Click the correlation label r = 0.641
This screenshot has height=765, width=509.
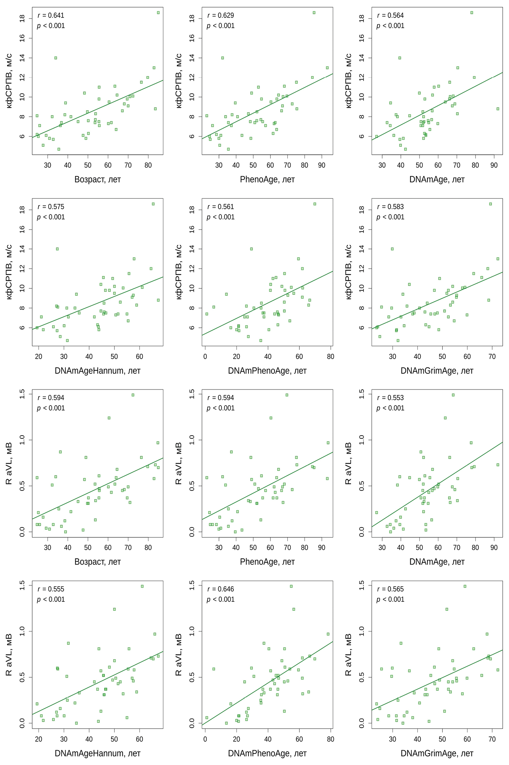pyautogui.click(x=51, y=15)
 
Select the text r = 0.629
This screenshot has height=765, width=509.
pyautogui.click(x=221, y=15)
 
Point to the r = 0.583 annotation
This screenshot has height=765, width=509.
pyautogui.click(x=391, y=207)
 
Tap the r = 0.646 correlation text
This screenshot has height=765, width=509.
pyautogui.click(x=221, y=589)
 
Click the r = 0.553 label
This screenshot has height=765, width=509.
pyautogui.click(x=391, y=398)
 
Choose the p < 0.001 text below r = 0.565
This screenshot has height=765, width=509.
pyautogui.click(x=391, y=599)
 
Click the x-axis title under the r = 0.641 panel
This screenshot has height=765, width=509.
pyautogui.click(x=98, y=179)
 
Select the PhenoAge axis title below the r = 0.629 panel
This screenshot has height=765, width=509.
pyautogui.click(x=267, y=179)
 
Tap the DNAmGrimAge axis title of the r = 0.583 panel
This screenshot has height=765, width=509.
pyautogui.click(x=437, y=371)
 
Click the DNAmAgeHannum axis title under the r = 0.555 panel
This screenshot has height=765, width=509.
pyautogui.click(x=98, y=753)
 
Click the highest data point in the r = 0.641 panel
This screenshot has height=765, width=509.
pyautogui.click(x=158, y=13)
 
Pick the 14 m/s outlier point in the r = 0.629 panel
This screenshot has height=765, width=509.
pyautogui.click(x=223, y=58)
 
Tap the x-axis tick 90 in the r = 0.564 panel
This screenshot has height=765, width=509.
pyautogui.click(x=494, y=165)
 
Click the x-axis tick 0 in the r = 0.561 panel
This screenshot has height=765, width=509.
pyautogui.click(x=205, y=356)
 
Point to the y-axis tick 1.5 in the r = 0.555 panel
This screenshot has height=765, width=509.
pyautogui.click(x=22, y=586)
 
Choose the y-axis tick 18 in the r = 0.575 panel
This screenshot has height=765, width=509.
pyautogui.click(x=22, y=210)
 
